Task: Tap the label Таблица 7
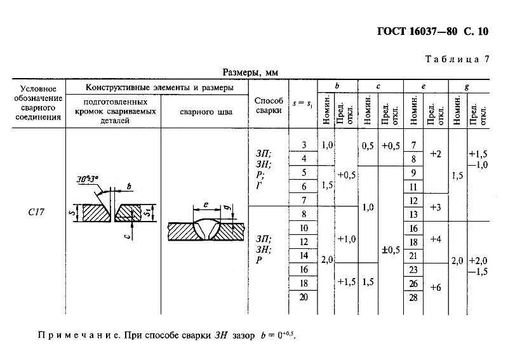click(457, 59)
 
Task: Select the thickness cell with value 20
click(303, 297)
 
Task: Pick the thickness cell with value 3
click(303, 145)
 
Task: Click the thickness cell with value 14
click(303, 255)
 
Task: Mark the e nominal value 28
click(413, 297)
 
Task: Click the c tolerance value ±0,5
click(391, 250)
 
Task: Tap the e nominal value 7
click(413, 145)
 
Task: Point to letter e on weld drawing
click(206, 204)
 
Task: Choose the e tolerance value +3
click(435, 207)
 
